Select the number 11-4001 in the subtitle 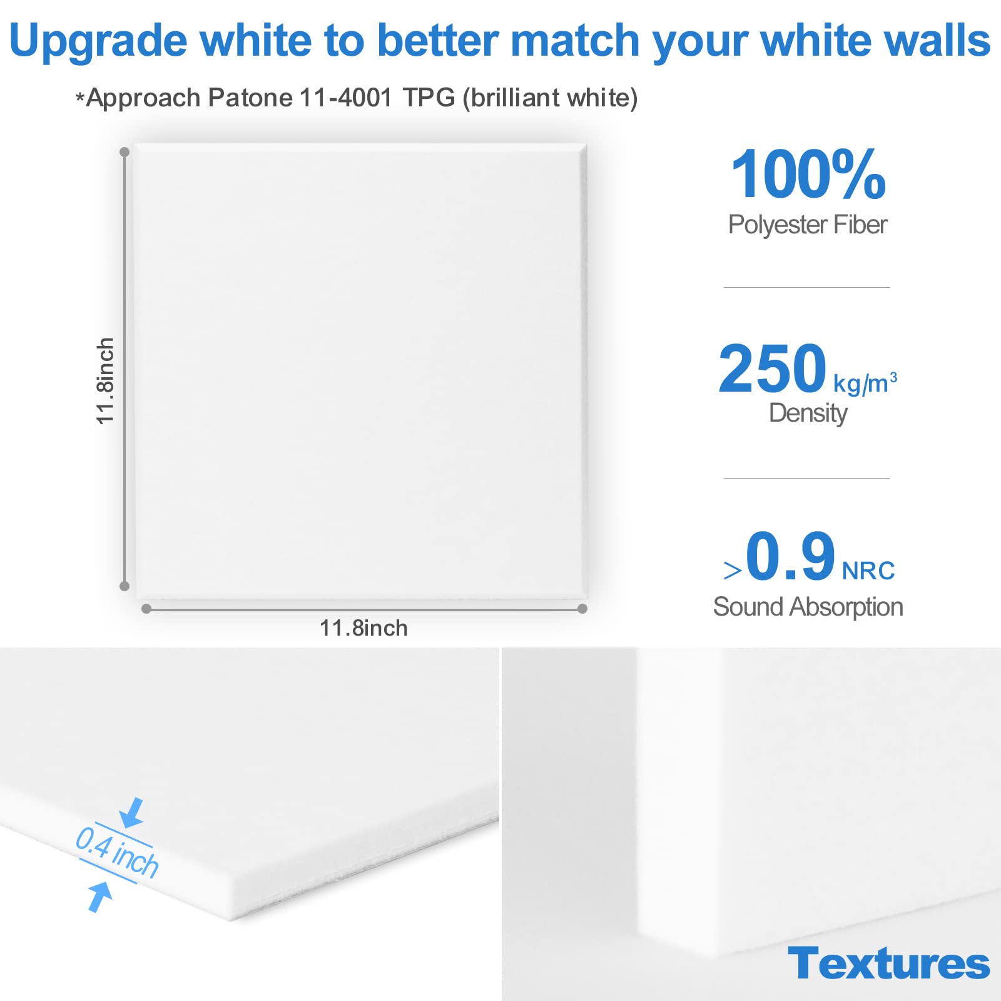pyautogui.click(x=346, y=98)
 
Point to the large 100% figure pyautogui.click(x=808, y=175)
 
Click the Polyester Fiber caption pyautogui.click(x=807, y=225)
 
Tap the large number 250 pyautogui.click(x=772, y=369)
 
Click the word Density pyautogui.click(x=808, y=413)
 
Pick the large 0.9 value pyautogui.click(x=790, y=556)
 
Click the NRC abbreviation pyautogui.click(x=868, y=571)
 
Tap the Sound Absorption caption pyautogui.click(x=808, y=607)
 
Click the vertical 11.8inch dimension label pyautogui.click(x=105, y=381)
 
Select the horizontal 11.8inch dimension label pyautogui.click(x=363, y=628)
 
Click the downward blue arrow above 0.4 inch pyautogui.click(x=133, y=813)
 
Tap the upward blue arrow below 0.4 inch pyautogui.click(x=99, y=896)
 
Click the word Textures pyautogui.click(x=888, y=963)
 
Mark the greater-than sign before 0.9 pyautogui.click(x=732, y=570)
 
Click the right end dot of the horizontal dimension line pyautogui.click(x=582, y=609)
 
